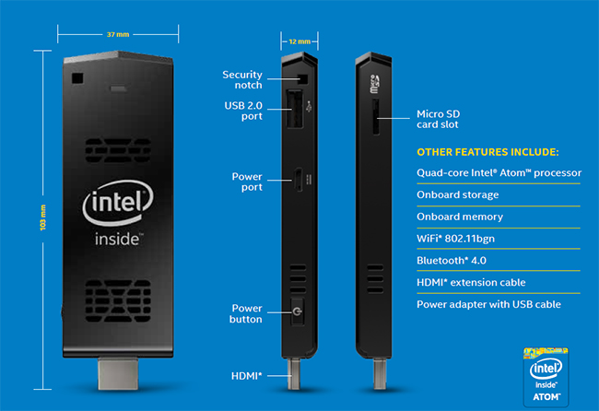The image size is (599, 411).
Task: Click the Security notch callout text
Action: coord(242,79)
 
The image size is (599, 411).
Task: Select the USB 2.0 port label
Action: coord(242,111)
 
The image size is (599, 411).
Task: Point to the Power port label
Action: coord(246,181)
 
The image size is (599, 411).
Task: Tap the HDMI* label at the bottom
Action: coord(246,376)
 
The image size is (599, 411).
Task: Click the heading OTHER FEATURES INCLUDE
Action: coord(487,151)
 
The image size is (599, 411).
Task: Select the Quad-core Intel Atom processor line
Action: coord(499,172)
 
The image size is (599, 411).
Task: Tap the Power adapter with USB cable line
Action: coord(488,304)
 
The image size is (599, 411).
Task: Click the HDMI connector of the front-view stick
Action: coord(117,377)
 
